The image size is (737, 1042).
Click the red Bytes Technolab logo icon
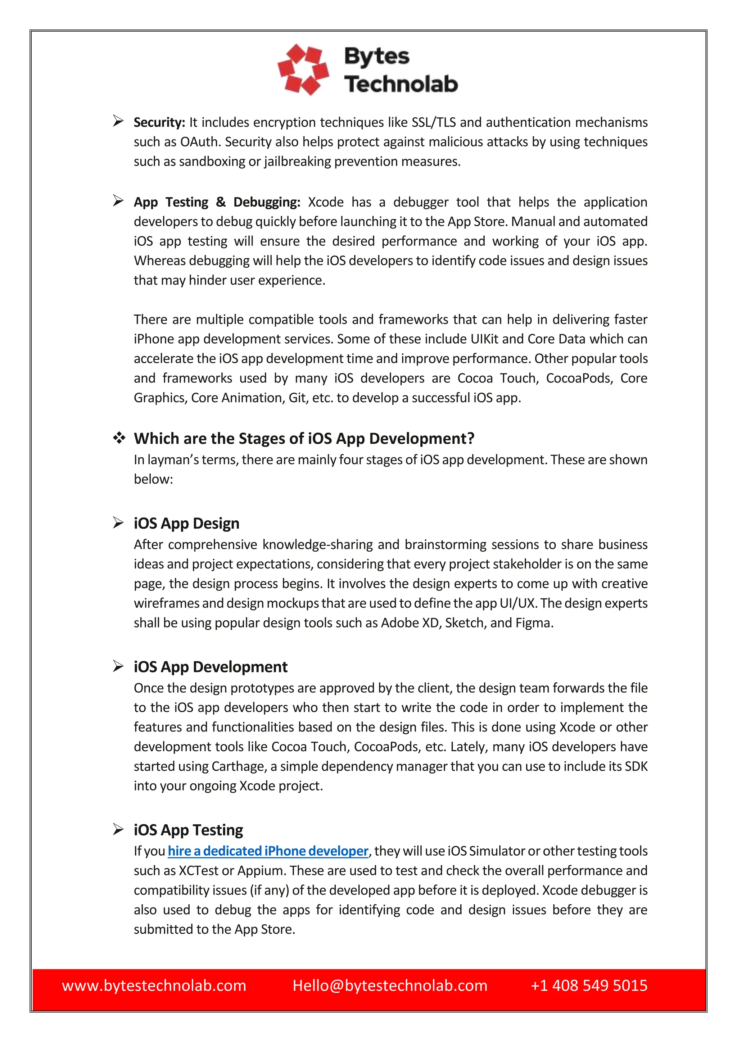303,69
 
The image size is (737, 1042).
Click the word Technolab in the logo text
401,84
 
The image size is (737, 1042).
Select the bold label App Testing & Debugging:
217,202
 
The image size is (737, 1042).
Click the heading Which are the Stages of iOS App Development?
304,438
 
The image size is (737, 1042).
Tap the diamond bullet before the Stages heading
119,438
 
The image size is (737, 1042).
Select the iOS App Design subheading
186,523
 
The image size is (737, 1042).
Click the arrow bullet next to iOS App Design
118,523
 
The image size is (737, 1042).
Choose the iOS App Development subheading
211,667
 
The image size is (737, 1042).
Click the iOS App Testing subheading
188,830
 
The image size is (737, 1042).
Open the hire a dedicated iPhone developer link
268,851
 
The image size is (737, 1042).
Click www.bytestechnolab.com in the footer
154,985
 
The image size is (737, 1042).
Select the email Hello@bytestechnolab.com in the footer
390,985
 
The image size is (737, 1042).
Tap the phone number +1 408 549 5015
589,985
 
